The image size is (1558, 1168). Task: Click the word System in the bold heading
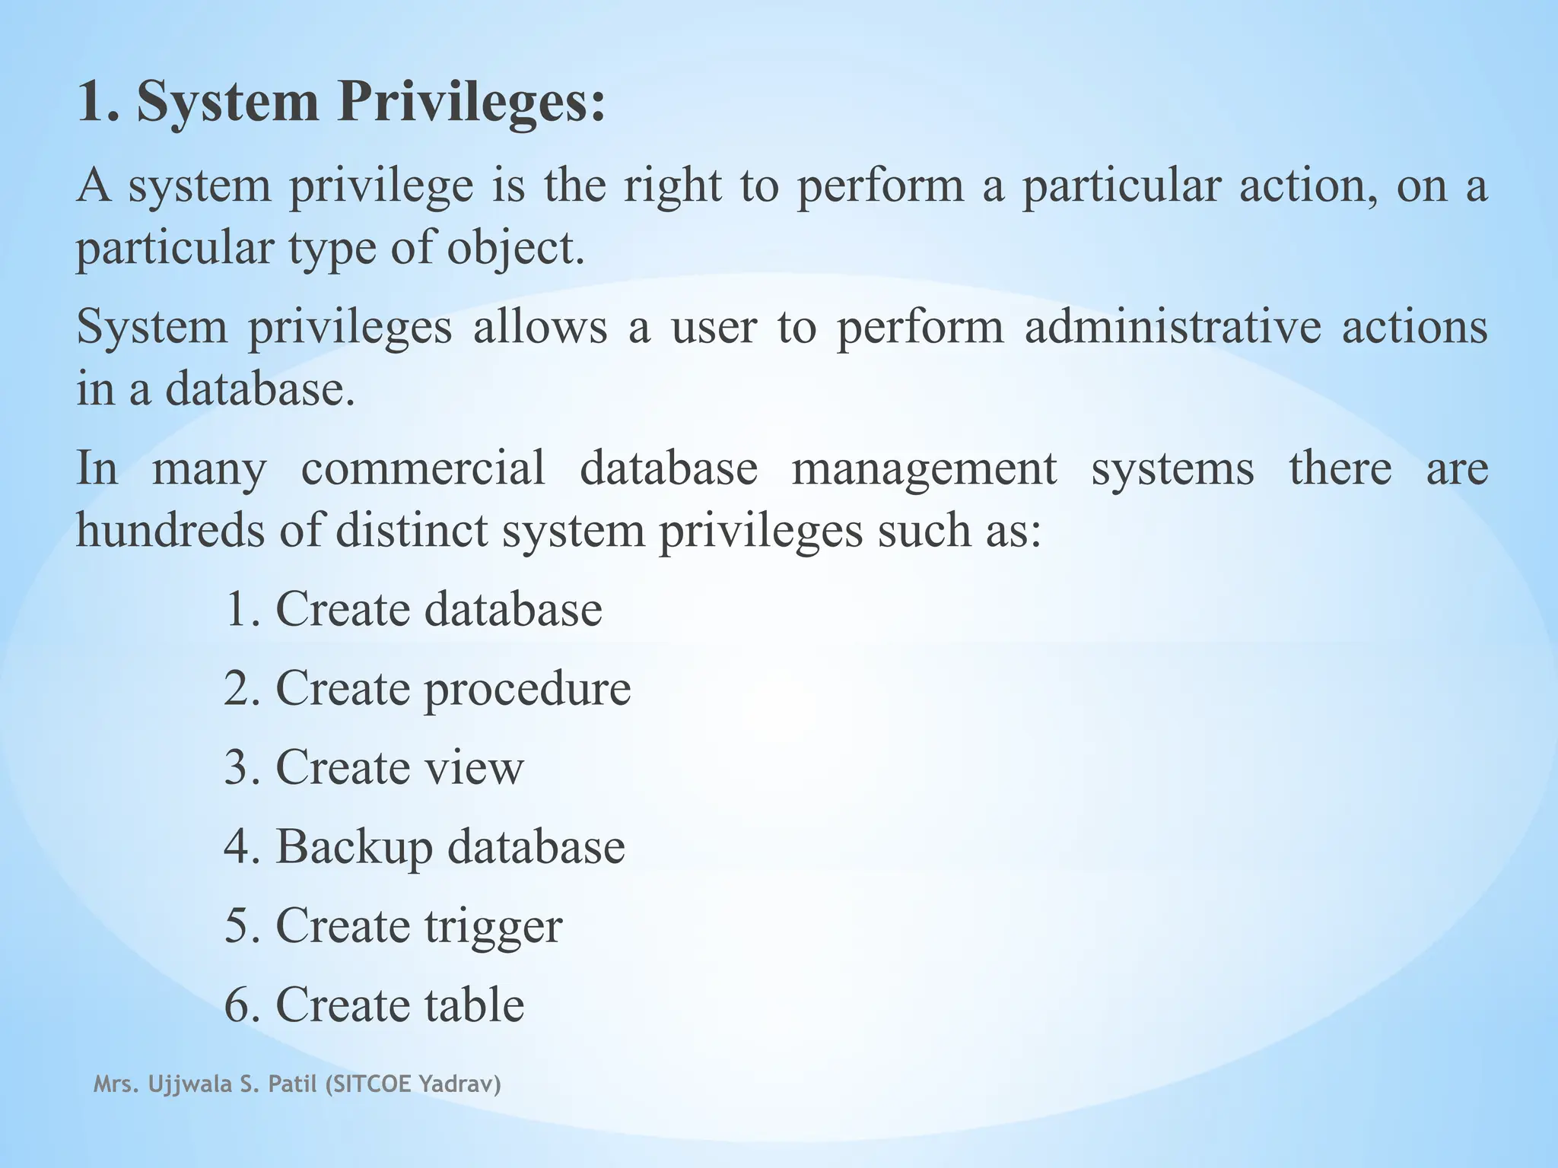pos(227,103)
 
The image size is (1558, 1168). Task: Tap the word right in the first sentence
pos(672,186)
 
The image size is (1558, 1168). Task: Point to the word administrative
pos(1172,327)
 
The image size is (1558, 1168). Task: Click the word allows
pos(540,327)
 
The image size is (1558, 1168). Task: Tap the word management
pos(924,469)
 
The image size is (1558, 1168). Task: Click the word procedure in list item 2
pos(527,690)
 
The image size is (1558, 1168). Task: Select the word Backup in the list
pos(354,847)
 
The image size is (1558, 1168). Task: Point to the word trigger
pos(493,927)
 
